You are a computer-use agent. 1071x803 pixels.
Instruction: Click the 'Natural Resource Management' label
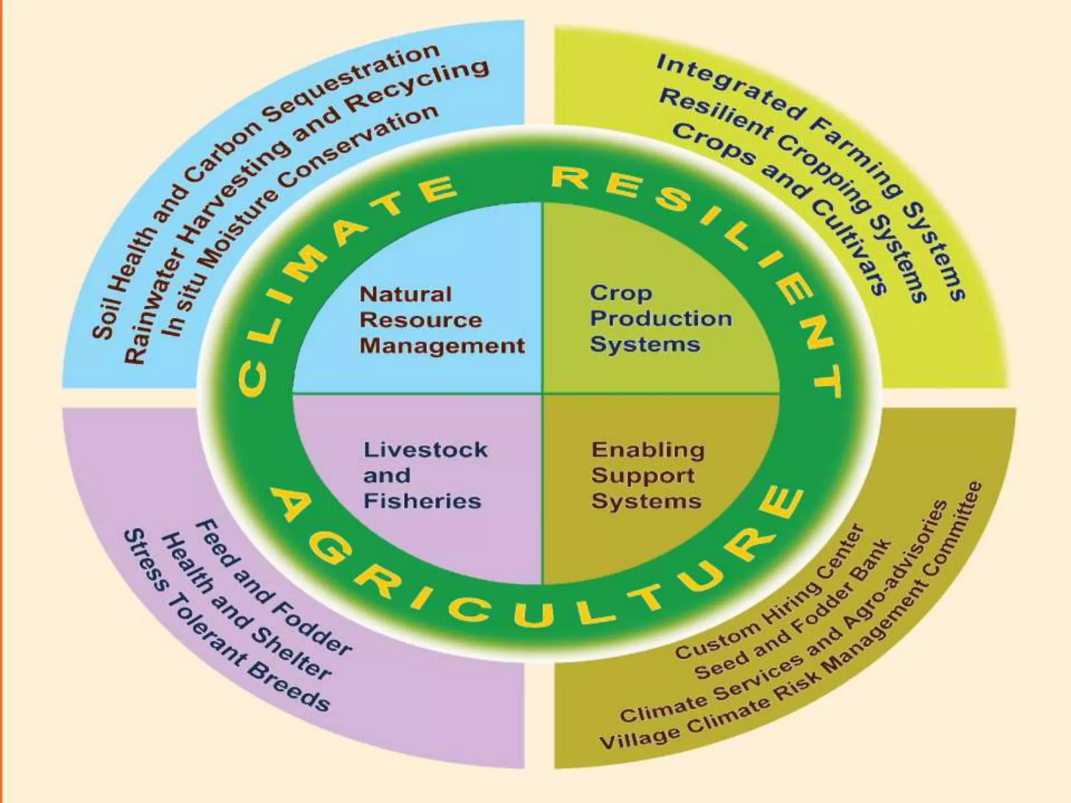click(441, 320)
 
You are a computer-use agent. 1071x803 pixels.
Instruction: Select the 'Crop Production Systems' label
click(660, 318)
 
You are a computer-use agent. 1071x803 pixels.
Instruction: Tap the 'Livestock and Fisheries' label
click(425, 475)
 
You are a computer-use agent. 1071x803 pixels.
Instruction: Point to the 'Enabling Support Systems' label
click(647, 475)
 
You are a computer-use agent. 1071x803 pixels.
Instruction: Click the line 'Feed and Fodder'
click(272, 591)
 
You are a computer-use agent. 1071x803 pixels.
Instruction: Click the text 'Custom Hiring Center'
click(769, 596)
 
